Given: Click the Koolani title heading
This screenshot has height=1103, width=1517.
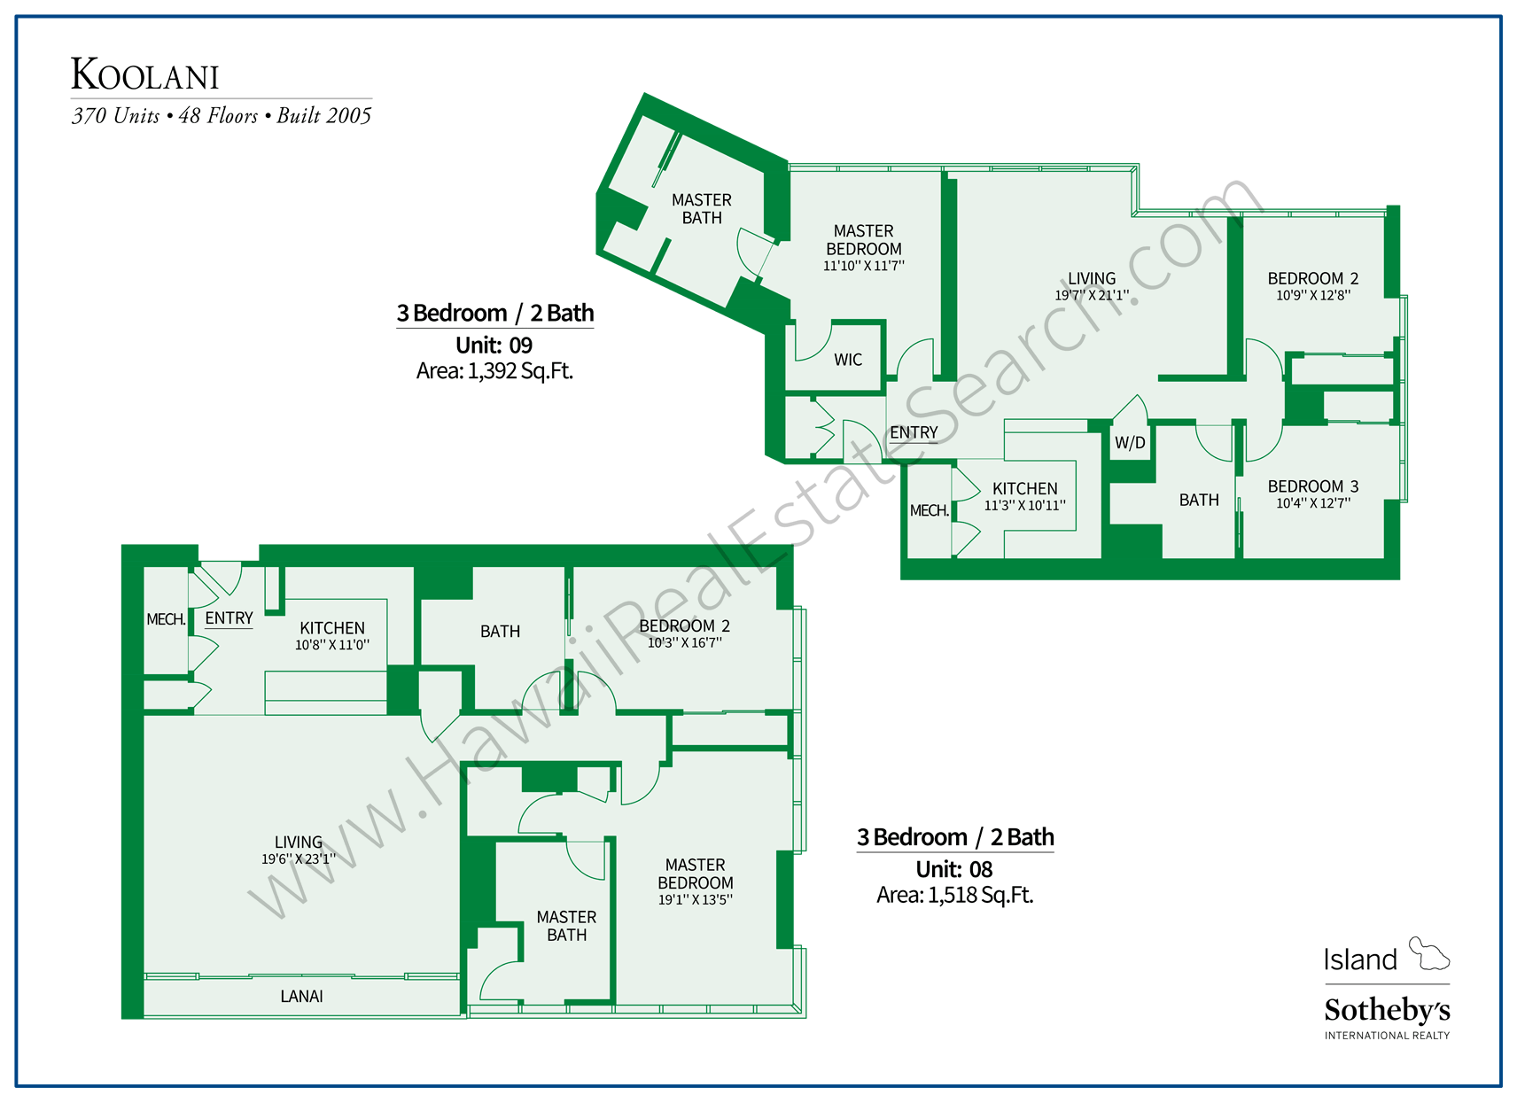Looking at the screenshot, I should pyautogui.click(x=144, y=75).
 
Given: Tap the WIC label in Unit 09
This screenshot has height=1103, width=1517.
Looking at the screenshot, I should pyautogui.click(x=848, y=360).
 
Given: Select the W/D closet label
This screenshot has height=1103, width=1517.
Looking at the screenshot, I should pyautogui.click(x=1130, y=443).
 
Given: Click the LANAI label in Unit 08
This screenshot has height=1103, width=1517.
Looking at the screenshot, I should pyautogui.click(x=301, y=997).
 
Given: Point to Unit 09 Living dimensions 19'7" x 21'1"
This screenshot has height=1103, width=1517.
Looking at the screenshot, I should pyautogui.click(x=1092, y=296).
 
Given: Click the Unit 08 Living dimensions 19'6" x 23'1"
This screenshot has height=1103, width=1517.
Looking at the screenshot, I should pyautogui.click(x=299, y=859).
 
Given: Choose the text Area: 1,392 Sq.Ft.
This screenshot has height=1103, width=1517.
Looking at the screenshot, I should pyautogui.click(x=494, y=371).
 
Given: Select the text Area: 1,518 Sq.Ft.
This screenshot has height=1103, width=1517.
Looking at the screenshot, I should pyautogui.click(x=954, y=896).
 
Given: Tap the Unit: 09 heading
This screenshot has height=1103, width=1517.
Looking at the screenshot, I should pyautogui.click(x=494, y=346).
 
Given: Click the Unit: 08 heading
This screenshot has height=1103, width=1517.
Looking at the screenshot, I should pyautogui.click(x=954, y=869).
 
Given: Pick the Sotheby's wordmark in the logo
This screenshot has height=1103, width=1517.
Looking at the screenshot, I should pyautogui.click(x=1387, y=1010).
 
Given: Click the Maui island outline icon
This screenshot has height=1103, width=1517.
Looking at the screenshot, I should pyautogui.click(x=1428, y=954).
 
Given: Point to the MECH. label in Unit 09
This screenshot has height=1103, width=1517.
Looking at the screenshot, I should pyautogui.click(x=929, y=511).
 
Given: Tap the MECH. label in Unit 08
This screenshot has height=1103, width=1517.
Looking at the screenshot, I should pyautogui.click(x=166, y=619).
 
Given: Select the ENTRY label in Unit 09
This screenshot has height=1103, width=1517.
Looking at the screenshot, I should pyautogui.click(x=914, y=432).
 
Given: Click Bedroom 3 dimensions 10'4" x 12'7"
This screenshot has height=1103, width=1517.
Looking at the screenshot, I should pyautogui.click(x=1313, y=504).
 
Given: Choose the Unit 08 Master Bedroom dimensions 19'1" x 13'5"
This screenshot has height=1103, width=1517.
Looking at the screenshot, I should pyautogui.click(x=695, y=900).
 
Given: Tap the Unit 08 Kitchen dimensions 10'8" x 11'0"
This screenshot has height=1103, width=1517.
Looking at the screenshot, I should pyautogui.click(x=332, y=645).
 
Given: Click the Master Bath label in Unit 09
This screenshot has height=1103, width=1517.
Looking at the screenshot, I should pyautogui.click(x=701, y=209).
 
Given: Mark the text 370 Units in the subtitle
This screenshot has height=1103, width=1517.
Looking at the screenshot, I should pyautogui.click(x=116, y=116).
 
